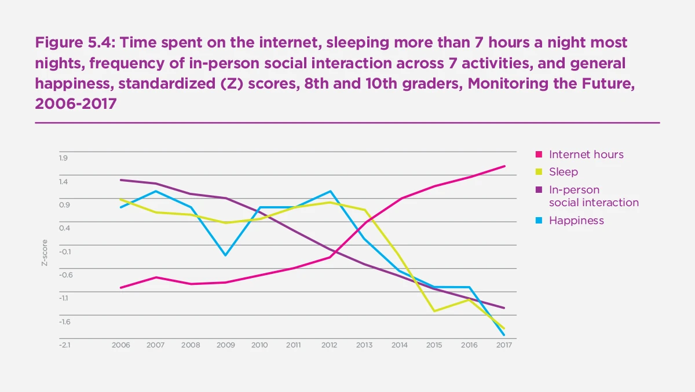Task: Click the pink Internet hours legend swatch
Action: pyautogui.click(x=539, y=155)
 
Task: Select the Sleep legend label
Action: pyautogui.click(x=563, y=172)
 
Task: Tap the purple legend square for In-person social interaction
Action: pyautogui.click(x=539, y=190)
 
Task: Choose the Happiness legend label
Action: pyautogui.click(x=576, y=221)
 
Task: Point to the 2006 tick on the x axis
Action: pyautogui.click(x=120, y=345)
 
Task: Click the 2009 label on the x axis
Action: pyautogui.click(x=225, y=345)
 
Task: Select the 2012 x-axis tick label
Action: pyautogui.click(x=330, y=345)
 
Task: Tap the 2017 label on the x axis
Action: pyautogui.click(x=504, y=345)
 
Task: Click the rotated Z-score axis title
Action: pyautogui.click(x=44, y=253)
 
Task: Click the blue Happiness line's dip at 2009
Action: pyautogui.click(x=225, y=255)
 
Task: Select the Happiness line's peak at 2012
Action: pyautogui.click(x=330, y=191)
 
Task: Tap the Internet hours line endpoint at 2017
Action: pyautogui.click(x=504, y=166)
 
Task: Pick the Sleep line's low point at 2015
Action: pyautogui.click(x=434, y=311)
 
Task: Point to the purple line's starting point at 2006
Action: pyautogui.click(x=120, y=180)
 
